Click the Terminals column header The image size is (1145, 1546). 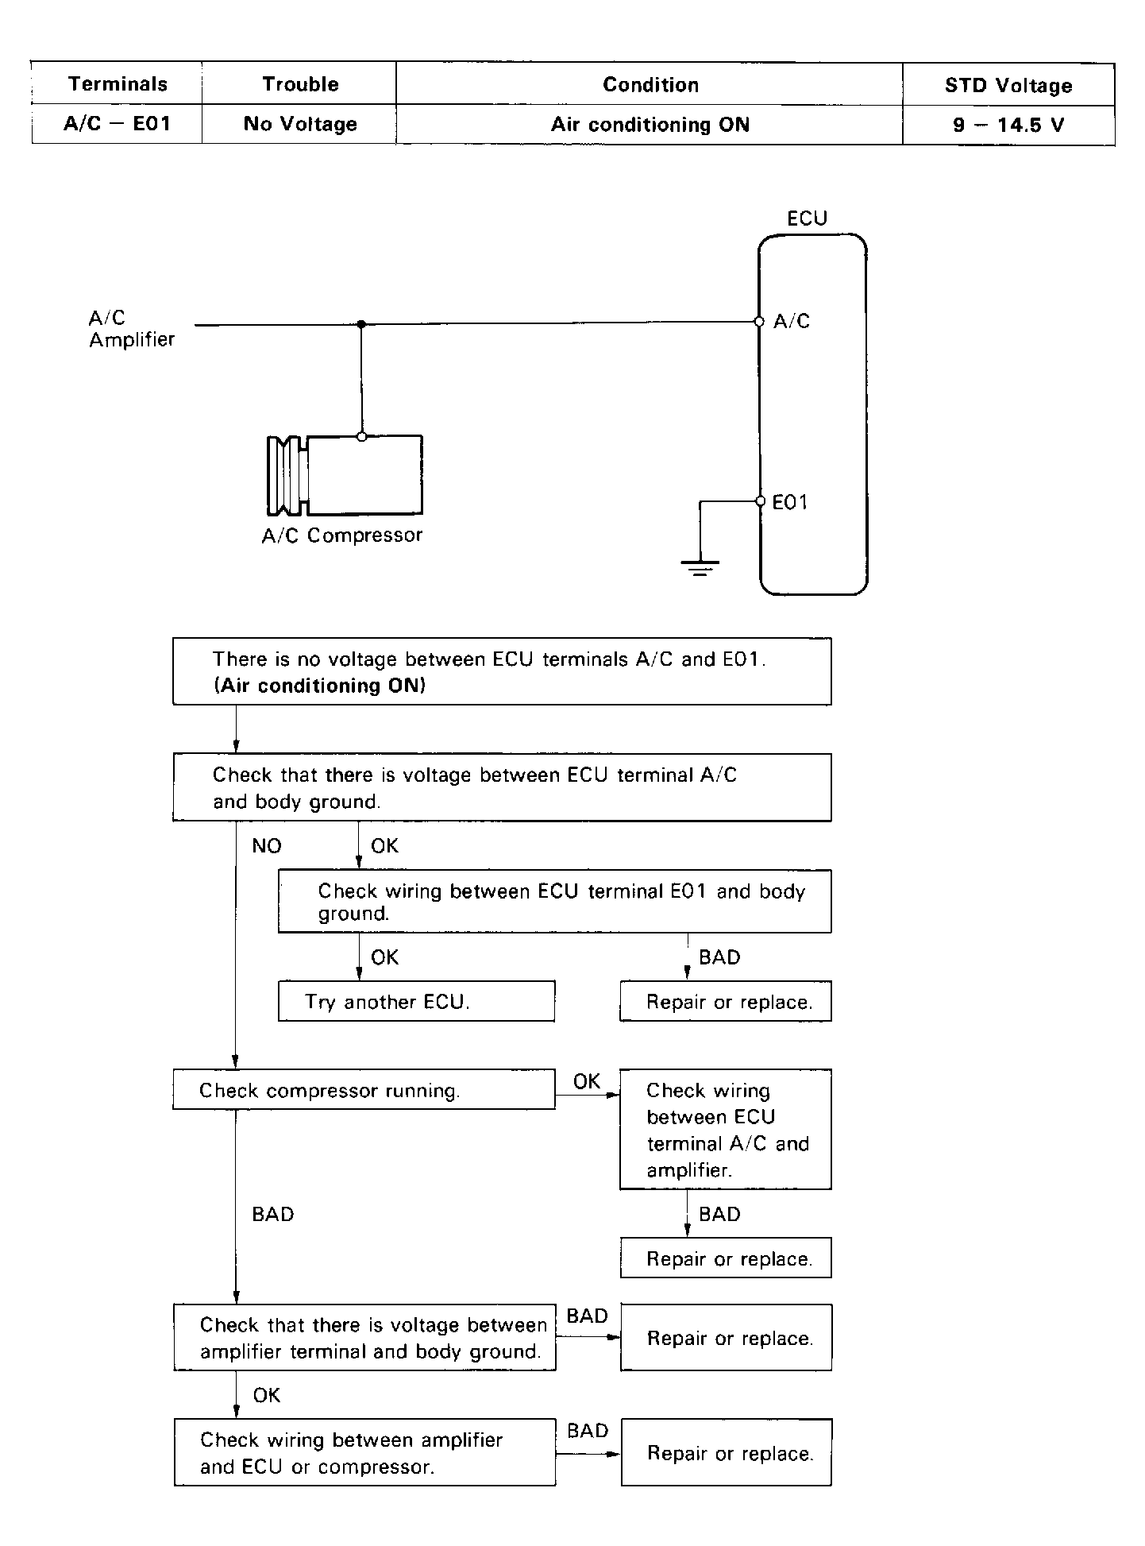118,84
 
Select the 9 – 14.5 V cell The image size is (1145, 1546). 1008,125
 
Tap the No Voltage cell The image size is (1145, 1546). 300,124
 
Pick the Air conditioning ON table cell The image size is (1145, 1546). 650,125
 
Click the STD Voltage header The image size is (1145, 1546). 1008,85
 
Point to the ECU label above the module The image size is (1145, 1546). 807,218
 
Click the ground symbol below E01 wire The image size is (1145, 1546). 700,566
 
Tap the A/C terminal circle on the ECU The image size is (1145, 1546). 759,322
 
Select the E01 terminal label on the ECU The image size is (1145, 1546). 789,502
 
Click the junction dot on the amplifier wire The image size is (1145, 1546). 361,324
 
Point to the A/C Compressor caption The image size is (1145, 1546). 342,535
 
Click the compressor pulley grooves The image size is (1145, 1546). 286,475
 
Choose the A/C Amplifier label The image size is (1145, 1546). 131,329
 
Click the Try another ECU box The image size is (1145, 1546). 416,1001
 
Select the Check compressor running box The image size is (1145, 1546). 364,1090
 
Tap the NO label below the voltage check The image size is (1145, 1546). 267,846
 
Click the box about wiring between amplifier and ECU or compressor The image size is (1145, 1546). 364,1453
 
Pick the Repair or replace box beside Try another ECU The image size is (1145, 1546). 725,1001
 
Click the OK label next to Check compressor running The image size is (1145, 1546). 587,1081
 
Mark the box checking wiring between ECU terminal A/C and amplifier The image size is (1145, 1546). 725,1129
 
